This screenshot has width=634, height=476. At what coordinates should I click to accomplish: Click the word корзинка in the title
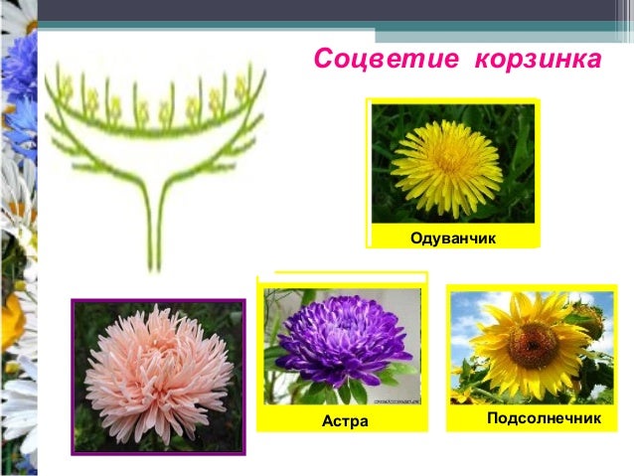coord(538,59)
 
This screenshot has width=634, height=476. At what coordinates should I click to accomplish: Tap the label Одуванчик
coord(452,238)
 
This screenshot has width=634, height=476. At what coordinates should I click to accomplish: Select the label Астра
coord(345,421)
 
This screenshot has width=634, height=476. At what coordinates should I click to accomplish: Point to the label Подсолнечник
coord(544,418)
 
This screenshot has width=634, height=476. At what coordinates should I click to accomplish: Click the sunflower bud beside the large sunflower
coord(588,320)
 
